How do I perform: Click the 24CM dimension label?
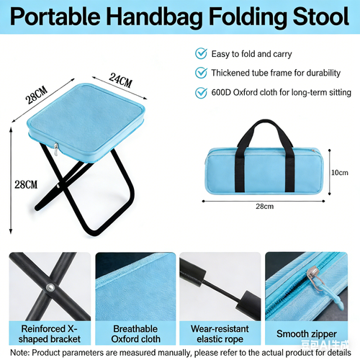click(121, 79)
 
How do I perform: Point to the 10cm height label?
click(341, 172)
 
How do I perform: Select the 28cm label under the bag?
click(264, 207)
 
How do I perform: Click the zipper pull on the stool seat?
click(55, 149)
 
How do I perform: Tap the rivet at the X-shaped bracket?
click(50, 288)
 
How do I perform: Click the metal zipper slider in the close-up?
click(314, 273)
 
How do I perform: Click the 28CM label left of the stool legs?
click(25, 185)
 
